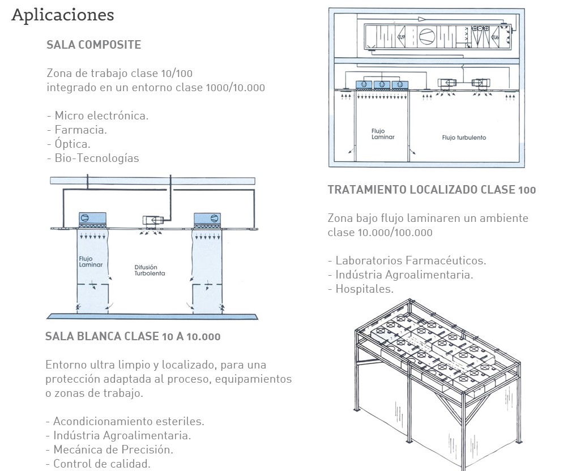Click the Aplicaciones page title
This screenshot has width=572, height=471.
(62, 15)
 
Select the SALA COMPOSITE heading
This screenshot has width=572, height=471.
(93, 45)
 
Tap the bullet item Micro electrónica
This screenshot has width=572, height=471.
(97, 115)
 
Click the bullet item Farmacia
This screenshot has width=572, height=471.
(77, 130)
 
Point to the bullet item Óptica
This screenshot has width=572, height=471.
(69, 144)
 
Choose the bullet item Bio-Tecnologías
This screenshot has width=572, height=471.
(93, 158)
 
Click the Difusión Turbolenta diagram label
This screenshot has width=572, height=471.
(149, 269)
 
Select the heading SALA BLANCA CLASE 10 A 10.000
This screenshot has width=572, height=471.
(133, 336)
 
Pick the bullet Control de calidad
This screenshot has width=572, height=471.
(98, 464)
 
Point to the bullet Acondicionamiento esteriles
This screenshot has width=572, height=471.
(125, 421)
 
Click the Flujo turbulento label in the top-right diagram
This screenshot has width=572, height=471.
(464, 138)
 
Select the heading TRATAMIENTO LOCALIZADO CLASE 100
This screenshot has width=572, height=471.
(432, 190)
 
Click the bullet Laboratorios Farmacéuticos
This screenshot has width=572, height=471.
(407, 260)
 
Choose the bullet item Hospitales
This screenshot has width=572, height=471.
(360, 289)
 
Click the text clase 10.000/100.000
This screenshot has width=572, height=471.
(379, 232)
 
